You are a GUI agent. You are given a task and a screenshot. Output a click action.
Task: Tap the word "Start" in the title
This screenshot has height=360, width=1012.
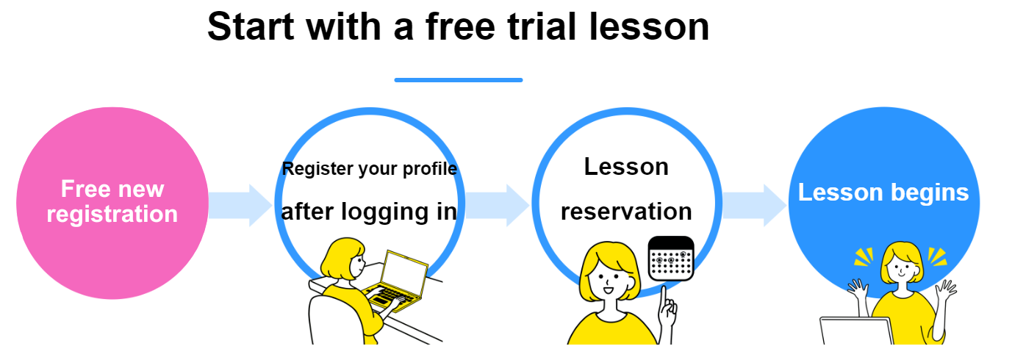251,26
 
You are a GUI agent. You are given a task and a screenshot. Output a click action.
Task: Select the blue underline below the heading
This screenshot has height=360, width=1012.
459,80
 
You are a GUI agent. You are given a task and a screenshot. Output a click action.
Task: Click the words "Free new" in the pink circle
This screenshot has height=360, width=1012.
112,189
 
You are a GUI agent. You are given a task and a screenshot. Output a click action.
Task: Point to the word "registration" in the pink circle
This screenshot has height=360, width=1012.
112,214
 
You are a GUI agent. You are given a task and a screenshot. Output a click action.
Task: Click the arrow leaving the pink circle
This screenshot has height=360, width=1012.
240,205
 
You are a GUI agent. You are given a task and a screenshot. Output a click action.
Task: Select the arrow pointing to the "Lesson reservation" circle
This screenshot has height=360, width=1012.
498,205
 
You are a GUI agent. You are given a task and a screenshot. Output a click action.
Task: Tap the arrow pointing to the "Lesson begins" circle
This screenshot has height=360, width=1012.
755,205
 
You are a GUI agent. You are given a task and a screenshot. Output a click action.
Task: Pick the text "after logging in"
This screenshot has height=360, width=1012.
369,212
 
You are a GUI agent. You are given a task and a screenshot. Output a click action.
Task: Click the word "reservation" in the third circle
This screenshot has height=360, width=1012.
626,212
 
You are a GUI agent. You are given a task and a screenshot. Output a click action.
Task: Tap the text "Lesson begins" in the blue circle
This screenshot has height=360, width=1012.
883,192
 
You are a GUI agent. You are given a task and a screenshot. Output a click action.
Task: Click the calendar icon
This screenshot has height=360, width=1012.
671,259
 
